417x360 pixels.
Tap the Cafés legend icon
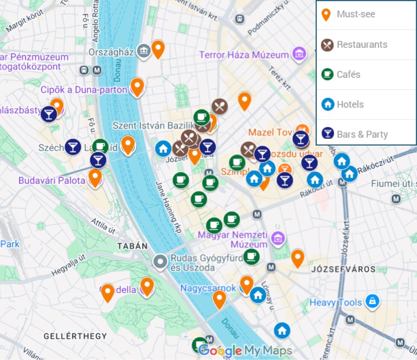327,74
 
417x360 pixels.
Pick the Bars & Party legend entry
355,134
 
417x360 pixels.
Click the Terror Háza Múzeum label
244,55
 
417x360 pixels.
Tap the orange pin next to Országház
158,49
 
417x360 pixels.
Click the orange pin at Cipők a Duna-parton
137,86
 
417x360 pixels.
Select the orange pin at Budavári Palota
95,177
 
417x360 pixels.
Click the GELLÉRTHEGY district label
75,336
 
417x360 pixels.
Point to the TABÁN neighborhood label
133,246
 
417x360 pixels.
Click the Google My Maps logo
245,351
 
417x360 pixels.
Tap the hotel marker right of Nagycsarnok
257,295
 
